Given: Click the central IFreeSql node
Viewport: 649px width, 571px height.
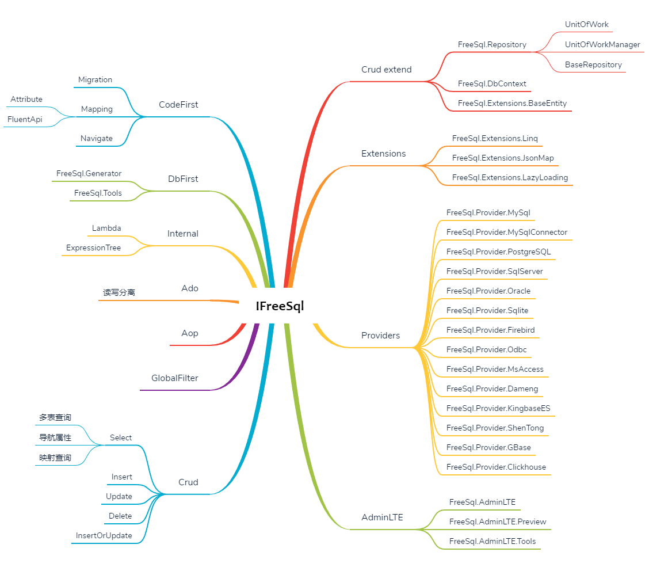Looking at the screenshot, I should [x=280, y=306].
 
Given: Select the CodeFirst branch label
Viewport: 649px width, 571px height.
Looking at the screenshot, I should [x=178, y=105].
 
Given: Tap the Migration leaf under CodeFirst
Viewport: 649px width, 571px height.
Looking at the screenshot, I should [x=96, y=80].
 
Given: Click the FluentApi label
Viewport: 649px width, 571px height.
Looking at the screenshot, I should [x=25, y=120].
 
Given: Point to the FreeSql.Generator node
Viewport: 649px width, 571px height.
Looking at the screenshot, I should [x=89, y=174].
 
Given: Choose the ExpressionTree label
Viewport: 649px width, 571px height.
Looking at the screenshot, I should [x=94, y=248].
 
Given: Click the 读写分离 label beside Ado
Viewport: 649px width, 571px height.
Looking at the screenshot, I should [x=119, y=292].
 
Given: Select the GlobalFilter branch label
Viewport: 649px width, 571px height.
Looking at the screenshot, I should [x=175, y=378].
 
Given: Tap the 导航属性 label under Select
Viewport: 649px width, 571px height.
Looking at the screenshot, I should [x=55, y=437].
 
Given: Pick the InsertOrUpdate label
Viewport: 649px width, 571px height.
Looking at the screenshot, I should [x=104, y=536].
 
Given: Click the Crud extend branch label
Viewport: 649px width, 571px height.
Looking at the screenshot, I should [x=387, y=70].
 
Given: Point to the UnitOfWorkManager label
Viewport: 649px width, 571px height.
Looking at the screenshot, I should [x=602, y=45].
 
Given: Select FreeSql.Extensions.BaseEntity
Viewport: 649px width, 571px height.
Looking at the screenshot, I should [x=512, y=104].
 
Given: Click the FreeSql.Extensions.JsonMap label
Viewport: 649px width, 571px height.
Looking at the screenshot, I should [x=503, y=158].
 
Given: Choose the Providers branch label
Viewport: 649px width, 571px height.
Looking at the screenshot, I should [x=380, y=336].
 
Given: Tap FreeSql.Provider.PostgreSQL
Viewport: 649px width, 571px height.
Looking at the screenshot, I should [x=498, y=252].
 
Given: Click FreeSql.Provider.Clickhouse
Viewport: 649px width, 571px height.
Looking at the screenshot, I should [x=496, y=467].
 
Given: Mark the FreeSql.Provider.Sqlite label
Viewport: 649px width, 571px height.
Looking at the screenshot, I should [x=487, y=311].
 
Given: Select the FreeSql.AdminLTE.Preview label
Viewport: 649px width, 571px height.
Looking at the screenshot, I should [x=498, y=522].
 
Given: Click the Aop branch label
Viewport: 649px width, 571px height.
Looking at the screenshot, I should [x=190, y=333].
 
